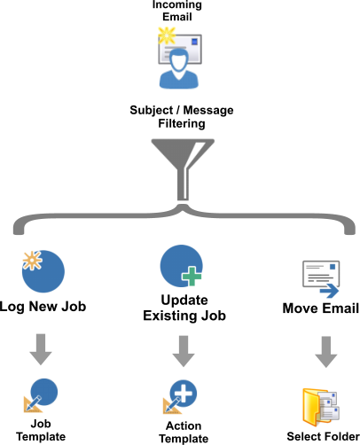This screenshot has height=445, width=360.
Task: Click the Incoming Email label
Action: pyautogui.click(x=177, y=11)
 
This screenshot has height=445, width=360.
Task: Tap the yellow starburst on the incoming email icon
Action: pyautogui.click(x=167, y=35)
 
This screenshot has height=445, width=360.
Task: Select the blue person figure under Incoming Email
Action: pyautogui.click(x=179, y=68)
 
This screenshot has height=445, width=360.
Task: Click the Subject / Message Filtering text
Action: pyautogui.click(x=182, y=116)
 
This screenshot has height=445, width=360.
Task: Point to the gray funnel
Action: pyautogui.click(x=183, y=166)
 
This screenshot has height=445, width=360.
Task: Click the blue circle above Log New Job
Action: pyautogui.click(x=43, y=271)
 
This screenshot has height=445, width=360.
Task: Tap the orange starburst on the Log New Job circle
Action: pyautogui.click(x=32, y=261)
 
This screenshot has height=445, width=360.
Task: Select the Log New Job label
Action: pyautogui.click(x=43, y=307)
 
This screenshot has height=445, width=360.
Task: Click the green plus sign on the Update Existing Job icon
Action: pyautogui.click(x=192, y=277)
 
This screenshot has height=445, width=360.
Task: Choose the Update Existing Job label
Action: pyautogui.click(x=184, y=308)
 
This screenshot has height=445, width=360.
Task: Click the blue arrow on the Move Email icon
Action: pyautogui.click(x=329, y=291)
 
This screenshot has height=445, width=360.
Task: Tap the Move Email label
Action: pyautogui.click(x=321, y=308)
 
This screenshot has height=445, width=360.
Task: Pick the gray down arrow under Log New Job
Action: pyautogui.click(x=41, y=349)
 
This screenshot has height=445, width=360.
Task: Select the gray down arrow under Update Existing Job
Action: pyautogui.click(x=184, y=351)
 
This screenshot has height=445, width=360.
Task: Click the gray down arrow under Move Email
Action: pyautogui.click(x=326, y=352)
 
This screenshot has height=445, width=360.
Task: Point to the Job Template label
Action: pyautogui.click(x=41, y=430)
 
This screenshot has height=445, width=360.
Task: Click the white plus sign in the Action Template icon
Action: pyautogui.click(x=184, y=394)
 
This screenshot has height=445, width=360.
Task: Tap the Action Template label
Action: pyautogui.click(x=184, y=433)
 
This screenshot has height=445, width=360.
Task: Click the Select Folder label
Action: pyautogui.click(x=323, y=436)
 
